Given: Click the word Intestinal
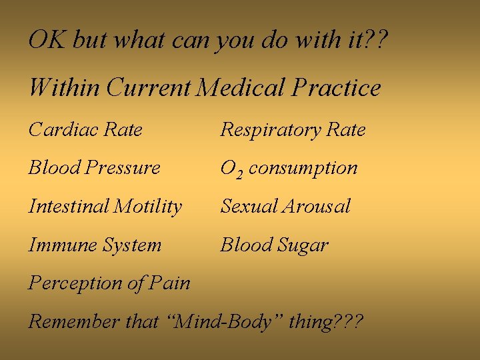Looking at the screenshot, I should tap(67, 207).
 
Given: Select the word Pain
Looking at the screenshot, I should tap(169, 283).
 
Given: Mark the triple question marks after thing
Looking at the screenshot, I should tap(349, 322).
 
